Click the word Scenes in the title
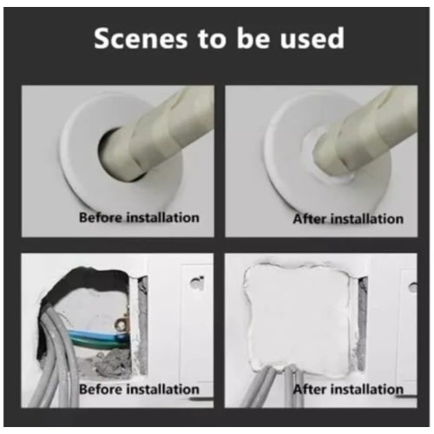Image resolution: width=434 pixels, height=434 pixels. (141, 38)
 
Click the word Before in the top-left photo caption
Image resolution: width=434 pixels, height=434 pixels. (101, 217)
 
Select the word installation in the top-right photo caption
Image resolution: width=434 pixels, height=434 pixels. (367, 219)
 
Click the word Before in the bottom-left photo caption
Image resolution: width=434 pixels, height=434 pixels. (101, 389)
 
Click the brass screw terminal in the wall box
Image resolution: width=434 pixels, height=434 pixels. (122, 324)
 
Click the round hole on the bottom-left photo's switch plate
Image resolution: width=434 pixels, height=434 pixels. (196, 283)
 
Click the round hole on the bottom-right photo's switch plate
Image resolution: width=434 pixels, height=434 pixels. (413, 287)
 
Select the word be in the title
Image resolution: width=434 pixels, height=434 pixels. (252, 38)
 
